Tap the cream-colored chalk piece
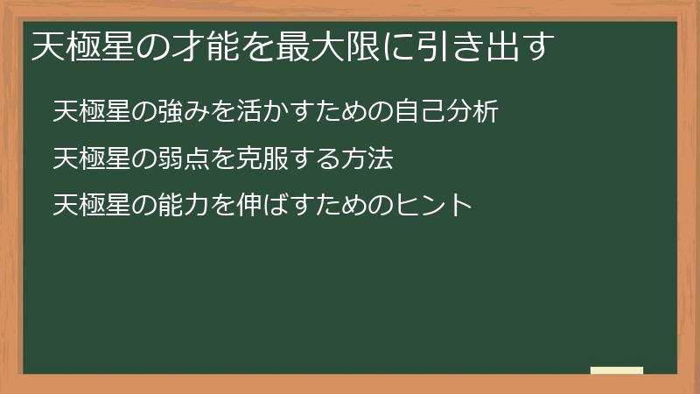[617, 370]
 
